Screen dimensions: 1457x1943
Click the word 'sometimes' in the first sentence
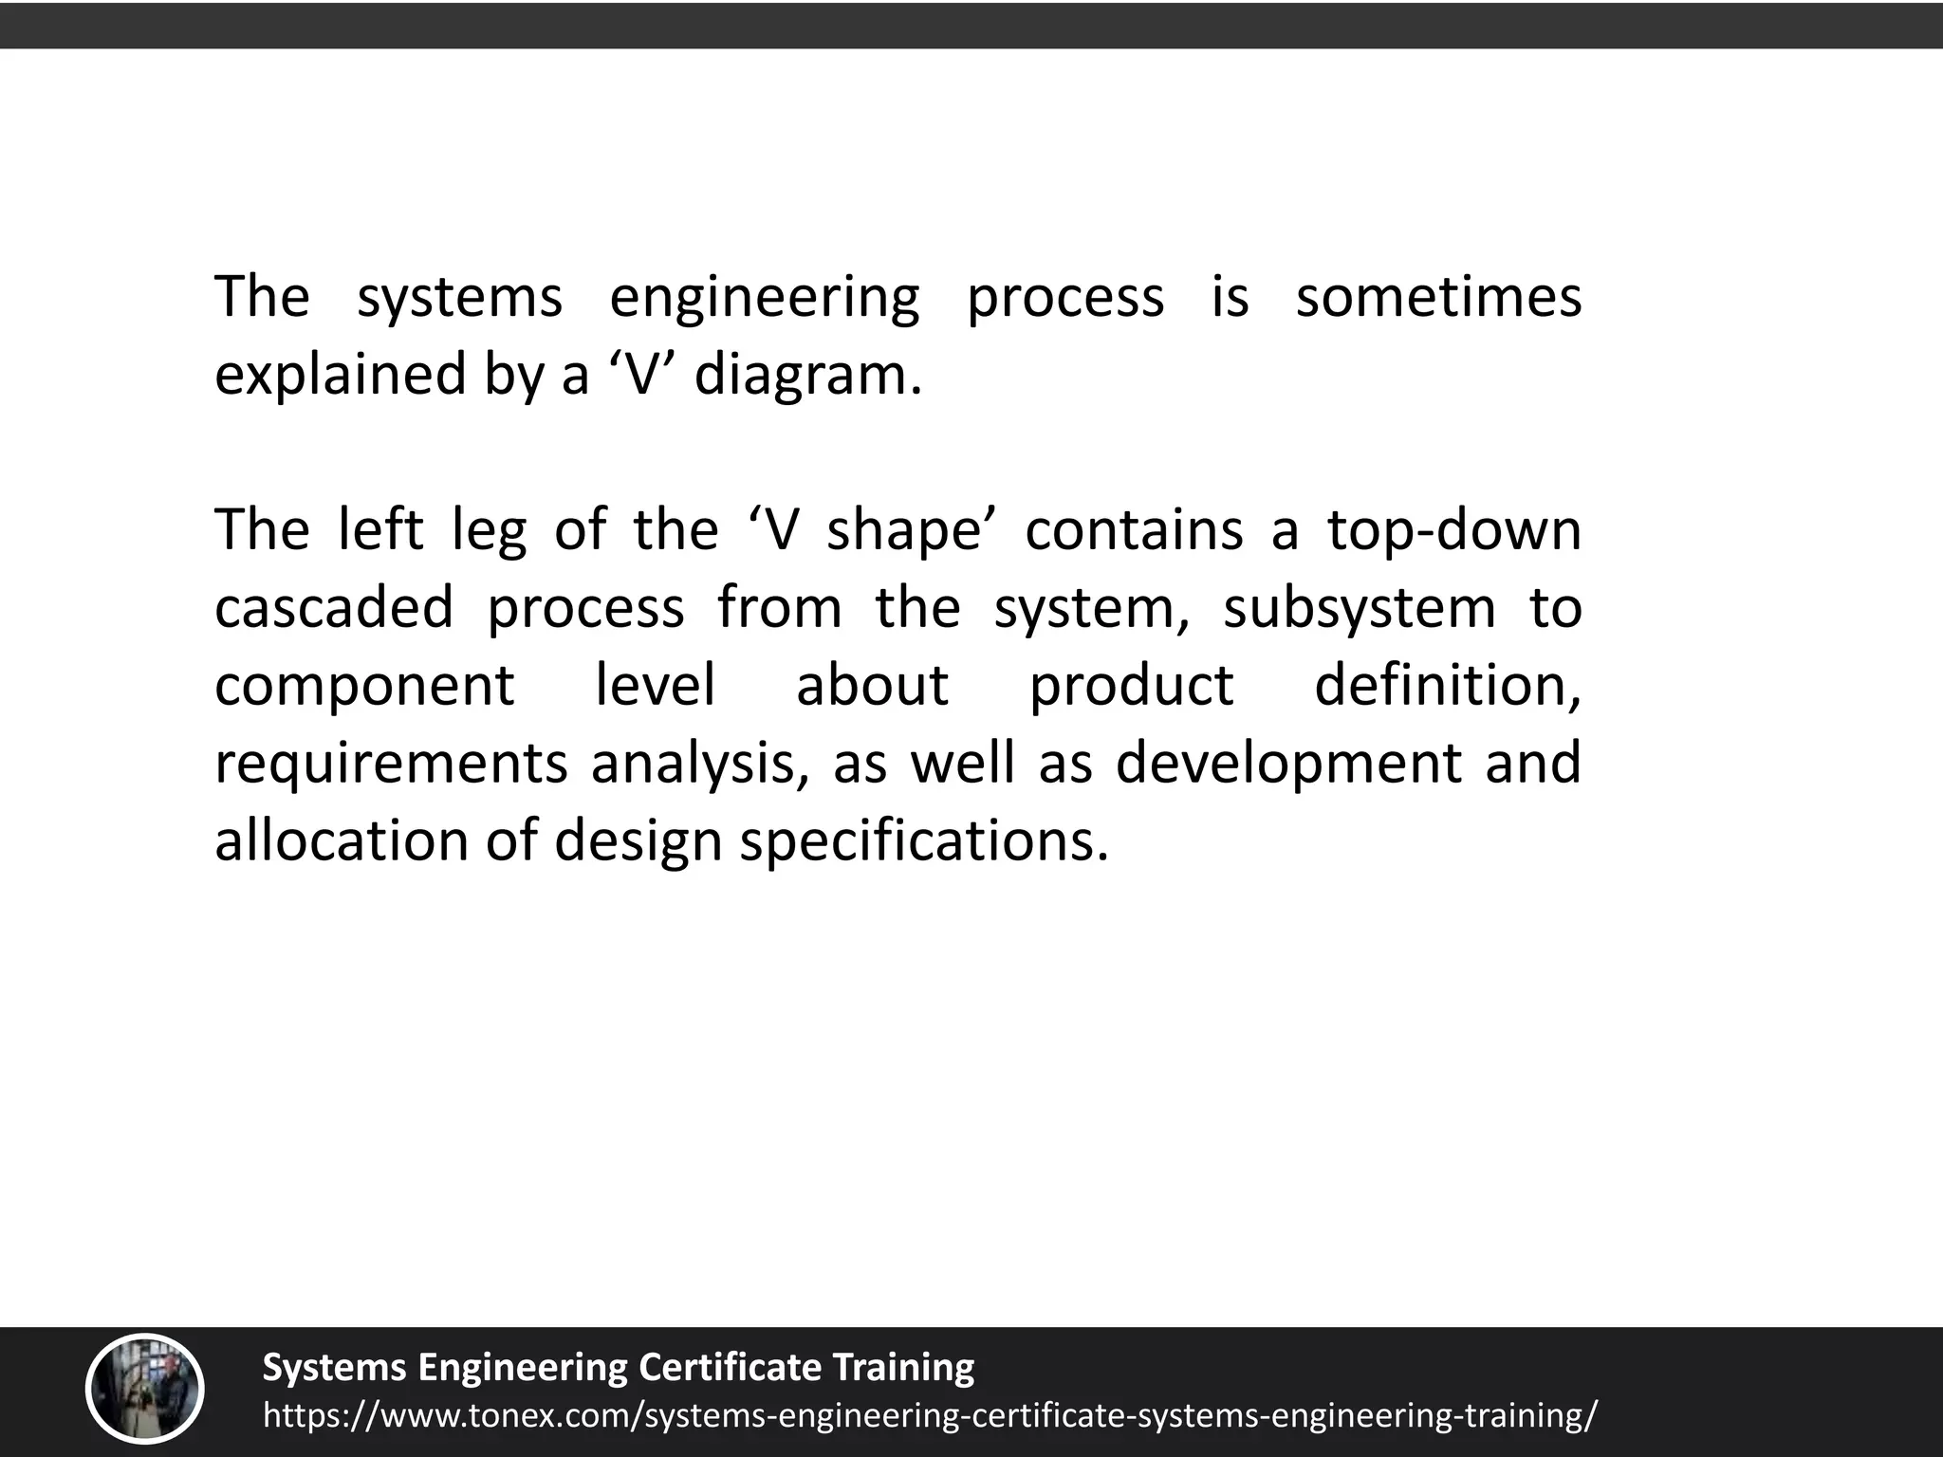1438,298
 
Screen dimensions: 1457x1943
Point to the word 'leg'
488,531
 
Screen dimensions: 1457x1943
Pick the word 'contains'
1133,529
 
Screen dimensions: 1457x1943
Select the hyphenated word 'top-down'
1453,529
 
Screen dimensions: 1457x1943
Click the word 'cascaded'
334,607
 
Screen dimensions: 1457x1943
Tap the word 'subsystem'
1359,609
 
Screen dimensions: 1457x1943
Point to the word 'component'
364,687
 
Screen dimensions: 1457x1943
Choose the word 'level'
655,685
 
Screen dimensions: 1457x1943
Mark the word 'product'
1131,687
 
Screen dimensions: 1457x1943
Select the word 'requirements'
390,765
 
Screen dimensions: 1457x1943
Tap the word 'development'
1287,765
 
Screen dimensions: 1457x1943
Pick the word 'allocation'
342,840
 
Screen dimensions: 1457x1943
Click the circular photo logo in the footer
145,1391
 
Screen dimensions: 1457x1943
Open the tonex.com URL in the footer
930,1414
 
